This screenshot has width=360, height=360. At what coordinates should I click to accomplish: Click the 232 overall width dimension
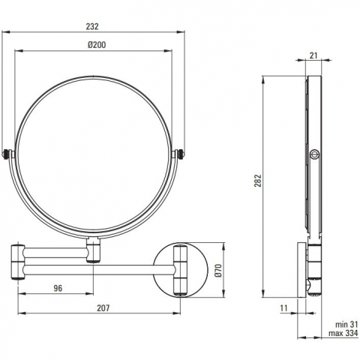click(92, 26)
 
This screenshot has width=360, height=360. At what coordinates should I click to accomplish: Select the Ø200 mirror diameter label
click(97, 45)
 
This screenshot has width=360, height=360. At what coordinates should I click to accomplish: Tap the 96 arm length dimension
click(58, 288)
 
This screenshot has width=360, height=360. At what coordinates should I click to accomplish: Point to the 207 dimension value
click(103, 308)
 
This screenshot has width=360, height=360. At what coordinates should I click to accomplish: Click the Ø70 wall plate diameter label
click(218, 270)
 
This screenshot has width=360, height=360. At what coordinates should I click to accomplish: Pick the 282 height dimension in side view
click(258, 181)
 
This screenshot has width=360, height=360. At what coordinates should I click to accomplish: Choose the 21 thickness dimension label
click(313, 55)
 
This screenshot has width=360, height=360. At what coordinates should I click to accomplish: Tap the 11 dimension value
click(283, 308)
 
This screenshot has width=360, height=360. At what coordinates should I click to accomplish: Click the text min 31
click(346, 325)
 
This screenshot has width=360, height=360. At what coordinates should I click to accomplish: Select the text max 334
click(343, 333)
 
